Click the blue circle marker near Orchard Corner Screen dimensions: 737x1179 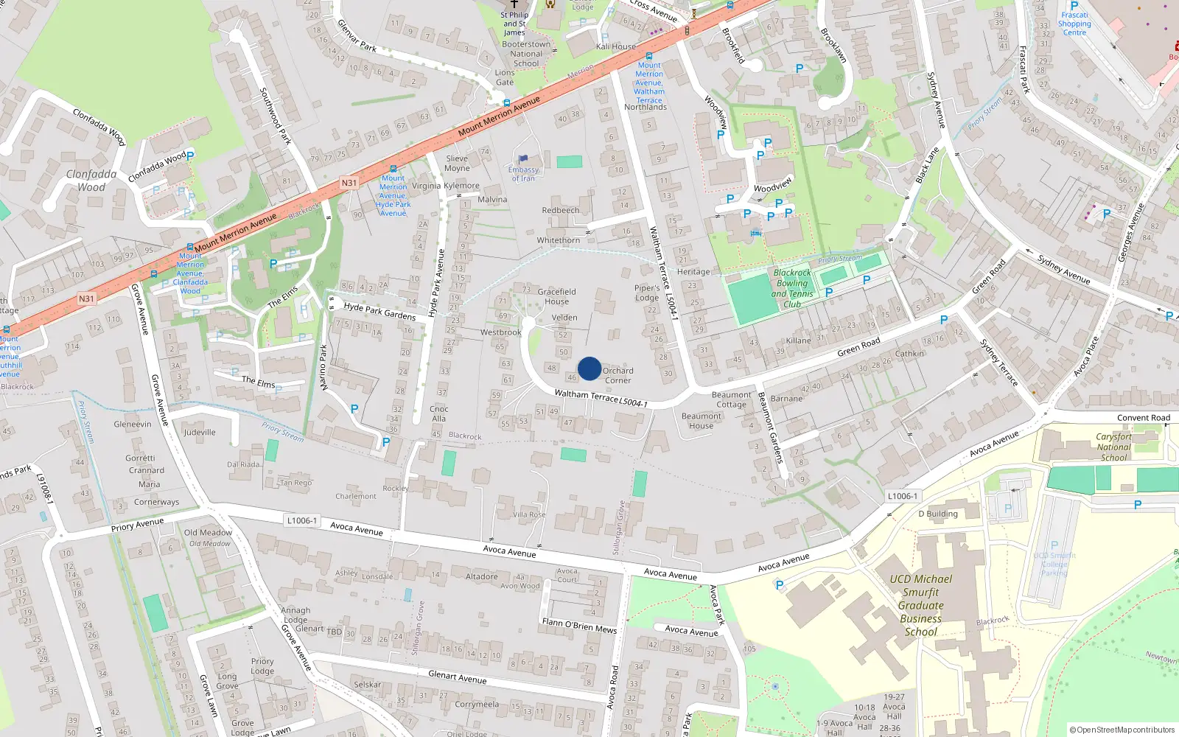pos(589,368)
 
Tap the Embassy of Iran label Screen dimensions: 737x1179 pos(524,174)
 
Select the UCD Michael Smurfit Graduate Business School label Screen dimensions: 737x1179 pos(921,605)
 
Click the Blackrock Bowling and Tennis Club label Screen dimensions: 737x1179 pos(792,288)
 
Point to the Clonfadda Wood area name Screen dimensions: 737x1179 pos(91,181)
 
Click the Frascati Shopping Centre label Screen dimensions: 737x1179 pos(1074,24)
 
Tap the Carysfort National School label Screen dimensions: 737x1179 pos(1113,447)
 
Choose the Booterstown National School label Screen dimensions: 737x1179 pos(526,54)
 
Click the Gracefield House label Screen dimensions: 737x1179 pos(557,296)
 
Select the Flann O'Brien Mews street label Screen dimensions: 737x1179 pos(579,626)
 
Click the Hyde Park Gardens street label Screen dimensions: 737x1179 pos(379,311)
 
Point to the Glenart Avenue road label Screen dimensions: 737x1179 pos(457,677)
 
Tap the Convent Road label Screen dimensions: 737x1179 pos(1143,418)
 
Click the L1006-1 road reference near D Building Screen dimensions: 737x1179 pos(903,496)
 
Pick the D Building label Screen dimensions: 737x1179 pos(938,514)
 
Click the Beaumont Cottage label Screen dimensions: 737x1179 pos(731,399)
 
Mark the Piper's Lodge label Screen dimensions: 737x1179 pos(647,293)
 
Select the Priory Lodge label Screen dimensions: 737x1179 pos(262,666)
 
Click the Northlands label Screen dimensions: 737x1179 pos(646,108)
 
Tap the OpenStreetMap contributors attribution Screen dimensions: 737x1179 pos(1122,730)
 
